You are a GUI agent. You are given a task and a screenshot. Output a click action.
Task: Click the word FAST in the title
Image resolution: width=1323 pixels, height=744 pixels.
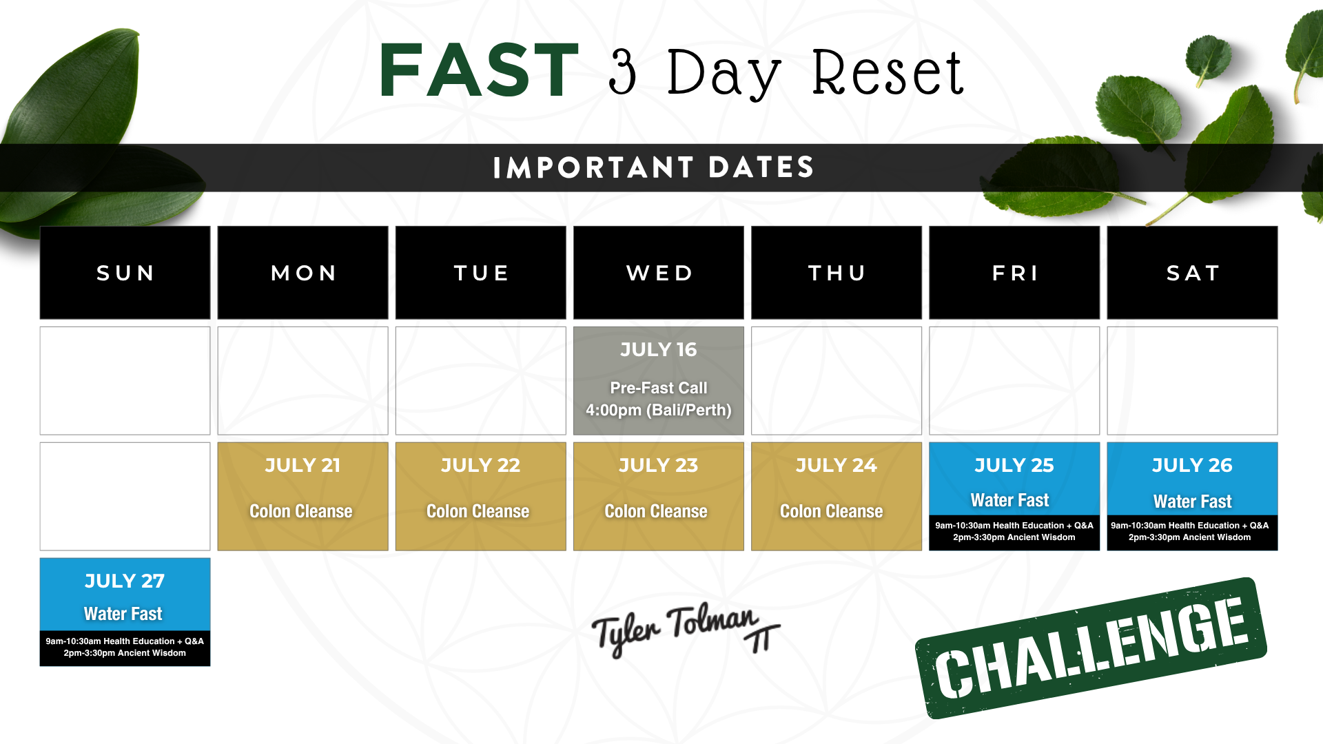(479, 70)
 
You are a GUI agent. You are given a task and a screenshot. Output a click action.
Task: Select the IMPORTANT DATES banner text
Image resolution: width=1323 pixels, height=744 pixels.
(654, 167)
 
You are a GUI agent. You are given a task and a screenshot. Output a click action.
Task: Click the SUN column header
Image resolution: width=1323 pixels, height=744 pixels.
(125, 273)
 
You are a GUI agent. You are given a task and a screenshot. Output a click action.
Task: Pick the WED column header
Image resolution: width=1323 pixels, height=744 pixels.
(659, 273)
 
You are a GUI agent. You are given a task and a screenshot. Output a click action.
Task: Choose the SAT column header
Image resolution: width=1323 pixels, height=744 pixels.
(1193, 273)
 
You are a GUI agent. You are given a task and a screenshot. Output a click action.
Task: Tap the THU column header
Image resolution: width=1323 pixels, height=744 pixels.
(837, 273)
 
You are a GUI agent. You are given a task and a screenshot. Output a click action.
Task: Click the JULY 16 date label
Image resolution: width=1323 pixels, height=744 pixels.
(659, 350)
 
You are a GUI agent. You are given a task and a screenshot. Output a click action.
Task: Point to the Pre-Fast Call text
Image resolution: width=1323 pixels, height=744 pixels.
(659, 388)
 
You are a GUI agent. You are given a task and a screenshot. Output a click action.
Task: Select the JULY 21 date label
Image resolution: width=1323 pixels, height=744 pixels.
(302, 466)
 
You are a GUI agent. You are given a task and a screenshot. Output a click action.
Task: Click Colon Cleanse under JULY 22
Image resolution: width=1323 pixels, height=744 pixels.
(478, 511)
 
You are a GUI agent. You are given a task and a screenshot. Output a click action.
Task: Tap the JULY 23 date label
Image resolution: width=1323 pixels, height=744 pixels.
(659, 466)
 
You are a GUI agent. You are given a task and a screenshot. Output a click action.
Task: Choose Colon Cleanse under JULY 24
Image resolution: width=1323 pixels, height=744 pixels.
(832, 511)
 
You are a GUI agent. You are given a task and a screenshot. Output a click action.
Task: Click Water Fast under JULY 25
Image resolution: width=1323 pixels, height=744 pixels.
(1010, 500)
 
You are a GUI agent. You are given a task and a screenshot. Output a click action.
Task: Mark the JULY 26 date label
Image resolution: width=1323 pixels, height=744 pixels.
(1193, 466)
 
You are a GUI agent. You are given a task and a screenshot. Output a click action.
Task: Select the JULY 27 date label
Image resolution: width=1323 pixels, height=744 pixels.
(125, 581)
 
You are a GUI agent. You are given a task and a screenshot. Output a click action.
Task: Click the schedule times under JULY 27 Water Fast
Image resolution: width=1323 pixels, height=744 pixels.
(125, 647)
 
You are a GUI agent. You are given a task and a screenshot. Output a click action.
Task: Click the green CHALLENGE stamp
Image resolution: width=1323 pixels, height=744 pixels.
(1091, 648)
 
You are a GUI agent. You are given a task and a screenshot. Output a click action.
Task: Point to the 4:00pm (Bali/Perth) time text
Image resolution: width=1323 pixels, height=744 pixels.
(659, 411)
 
